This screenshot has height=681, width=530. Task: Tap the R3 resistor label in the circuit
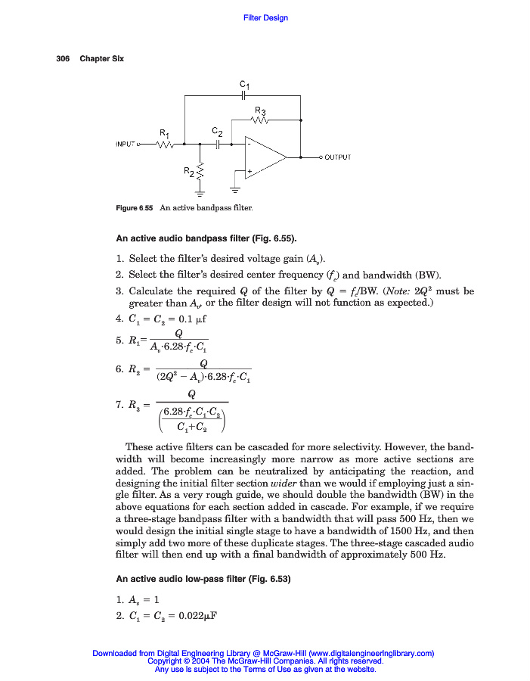click(259, 110)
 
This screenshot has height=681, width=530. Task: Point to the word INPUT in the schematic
click(126, 143)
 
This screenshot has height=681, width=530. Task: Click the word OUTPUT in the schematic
click(337, 158)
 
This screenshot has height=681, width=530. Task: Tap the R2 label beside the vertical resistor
click(189, 171)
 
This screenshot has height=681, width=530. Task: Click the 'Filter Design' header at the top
click(265, 17)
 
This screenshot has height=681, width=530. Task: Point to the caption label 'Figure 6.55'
click(135, 208)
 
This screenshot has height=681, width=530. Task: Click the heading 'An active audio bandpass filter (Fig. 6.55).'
click(206, 240)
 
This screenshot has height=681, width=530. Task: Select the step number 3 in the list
click(119, 291)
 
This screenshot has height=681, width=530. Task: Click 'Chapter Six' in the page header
click(102, 59)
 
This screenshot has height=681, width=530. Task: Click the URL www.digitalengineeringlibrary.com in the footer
click(370, 653)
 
